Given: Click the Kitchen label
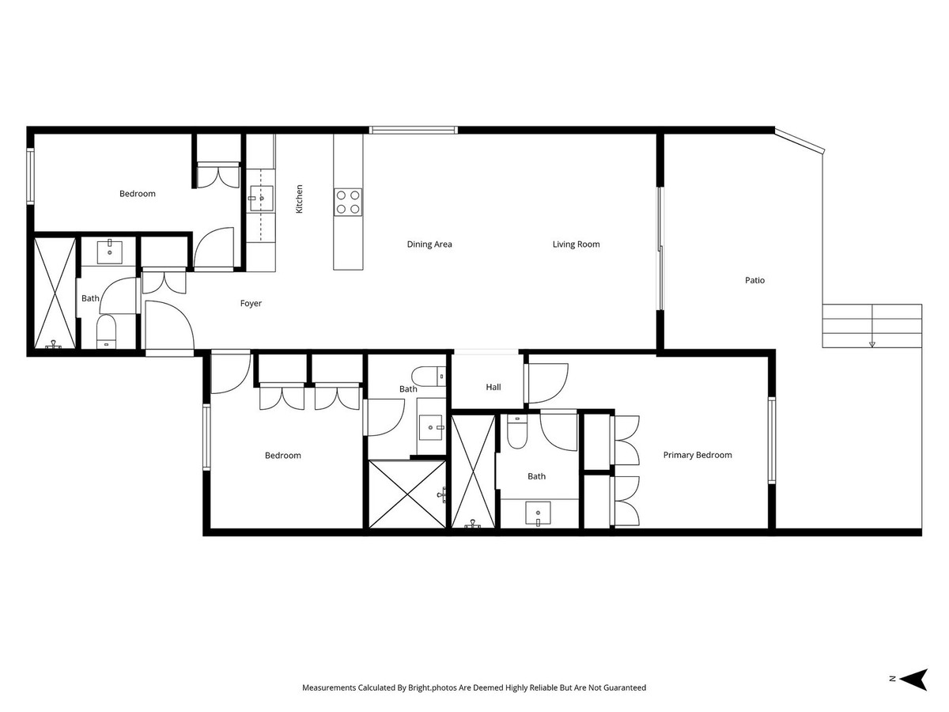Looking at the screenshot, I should (x=299, y=199).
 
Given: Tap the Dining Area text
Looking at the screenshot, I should (x=429, y=244).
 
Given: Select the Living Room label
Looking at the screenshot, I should (x=576, y=244).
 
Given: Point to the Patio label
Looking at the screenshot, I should (x=754, y=280).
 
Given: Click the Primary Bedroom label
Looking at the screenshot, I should (x=697, y=455).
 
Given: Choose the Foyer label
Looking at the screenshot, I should (x=251, y=303).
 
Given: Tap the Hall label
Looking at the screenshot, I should (x=493, y=387).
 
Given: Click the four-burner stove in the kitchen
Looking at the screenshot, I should (x=348, y=202).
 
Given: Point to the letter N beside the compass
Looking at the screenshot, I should (x=891, y=679).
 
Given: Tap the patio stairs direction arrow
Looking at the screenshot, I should (x=872, y=343).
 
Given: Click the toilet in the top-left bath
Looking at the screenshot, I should (x=107, y=332).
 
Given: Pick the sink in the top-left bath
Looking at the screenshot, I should (x=109, y=252).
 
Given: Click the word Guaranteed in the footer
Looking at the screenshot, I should (x=621, y=688).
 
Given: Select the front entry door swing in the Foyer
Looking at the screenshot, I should (x=168, y=324).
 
